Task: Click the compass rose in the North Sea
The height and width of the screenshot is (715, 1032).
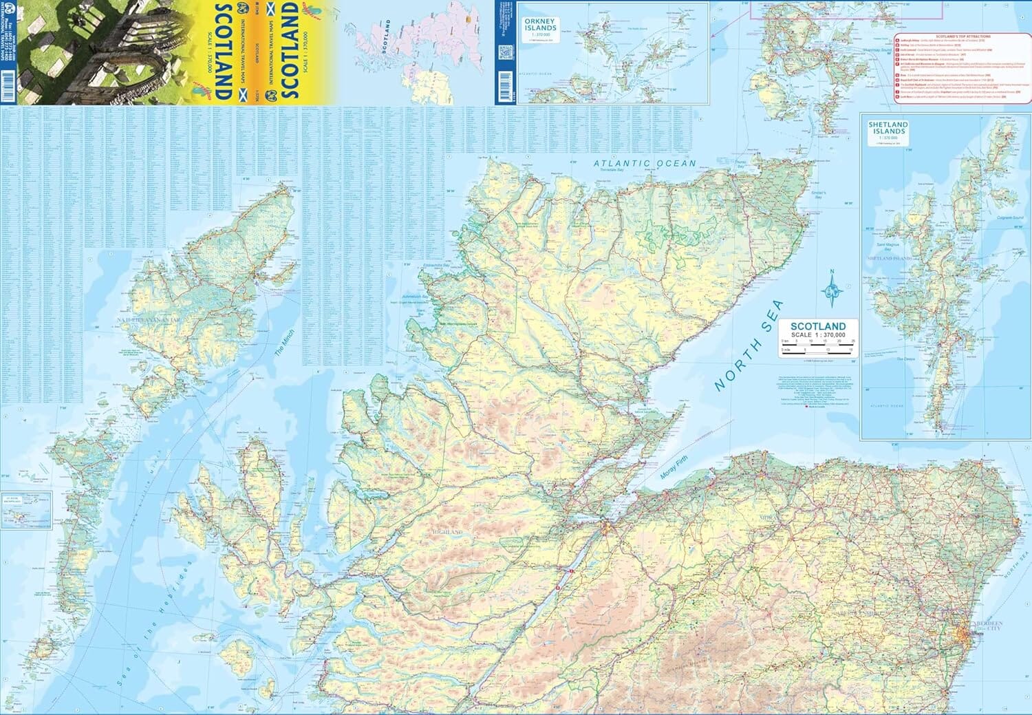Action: click(x=832, y=290)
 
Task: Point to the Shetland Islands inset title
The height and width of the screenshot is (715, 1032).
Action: click(x=888, y=129)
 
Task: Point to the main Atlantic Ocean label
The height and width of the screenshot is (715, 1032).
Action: click(x=645, y=163)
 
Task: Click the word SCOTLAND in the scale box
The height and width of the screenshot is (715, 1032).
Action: click(x=817, y=326)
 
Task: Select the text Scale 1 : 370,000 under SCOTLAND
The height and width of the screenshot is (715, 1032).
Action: click(x=817, y=334)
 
